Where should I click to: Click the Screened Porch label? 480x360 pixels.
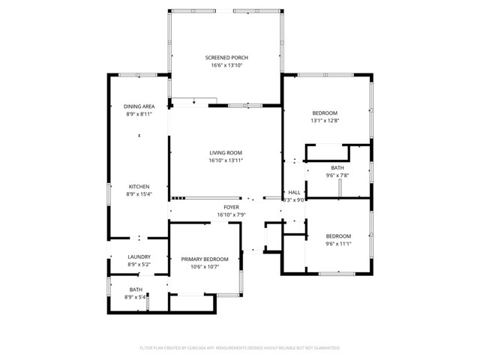[226, 58]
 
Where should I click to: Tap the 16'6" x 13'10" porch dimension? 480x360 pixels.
[226, 65]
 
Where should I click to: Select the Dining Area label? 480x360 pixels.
[138, 106]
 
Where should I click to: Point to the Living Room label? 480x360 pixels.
[226, 152]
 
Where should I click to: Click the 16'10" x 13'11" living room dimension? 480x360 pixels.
[226, 160]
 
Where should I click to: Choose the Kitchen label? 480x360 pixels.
[138, 187]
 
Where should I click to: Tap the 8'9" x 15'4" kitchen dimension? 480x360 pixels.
[138, 194]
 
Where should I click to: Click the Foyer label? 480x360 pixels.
[231, 207]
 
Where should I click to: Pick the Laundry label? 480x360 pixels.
[138, 256]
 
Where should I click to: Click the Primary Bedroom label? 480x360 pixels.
[204, 259]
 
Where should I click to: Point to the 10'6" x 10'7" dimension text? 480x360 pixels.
[204, 266]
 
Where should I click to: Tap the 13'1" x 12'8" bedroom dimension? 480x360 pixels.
[325, 121]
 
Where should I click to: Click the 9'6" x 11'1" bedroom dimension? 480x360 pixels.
[338, 243]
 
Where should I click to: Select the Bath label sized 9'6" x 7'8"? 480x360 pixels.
[337, 168]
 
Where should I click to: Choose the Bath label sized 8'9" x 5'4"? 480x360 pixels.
[136, 289]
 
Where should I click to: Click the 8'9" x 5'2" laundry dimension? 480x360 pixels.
[138, 264]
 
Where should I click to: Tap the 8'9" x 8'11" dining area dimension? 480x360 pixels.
[138, 114]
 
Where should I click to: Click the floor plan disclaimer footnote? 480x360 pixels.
[240, 348]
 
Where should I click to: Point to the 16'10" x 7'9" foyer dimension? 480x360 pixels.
[231, 214]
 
